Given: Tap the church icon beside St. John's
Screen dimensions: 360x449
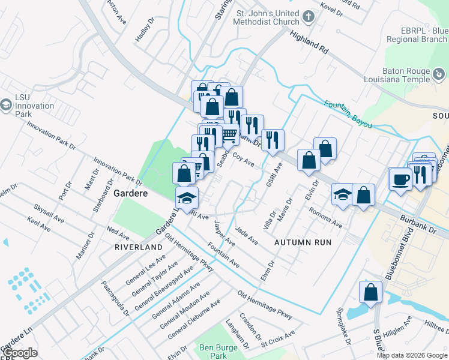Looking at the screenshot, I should [309, 17].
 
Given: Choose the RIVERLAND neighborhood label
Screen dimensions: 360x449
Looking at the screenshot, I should [139, 247].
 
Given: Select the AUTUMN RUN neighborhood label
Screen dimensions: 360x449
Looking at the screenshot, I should [303, 242].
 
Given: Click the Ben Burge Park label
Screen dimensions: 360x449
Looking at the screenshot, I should [214, 352].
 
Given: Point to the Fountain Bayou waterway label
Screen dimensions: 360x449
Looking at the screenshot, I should [348, 113].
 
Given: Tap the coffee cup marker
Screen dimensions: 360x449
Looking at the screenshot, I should [400, 178].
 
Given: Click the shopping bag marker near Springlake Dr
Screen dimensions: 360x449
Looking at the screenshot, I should [370, 292].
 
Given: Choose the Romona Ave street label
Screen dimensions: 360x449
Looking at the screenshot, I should [325, 218].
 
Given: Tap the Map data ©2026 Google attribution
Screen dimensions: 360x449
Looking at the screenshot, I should [412, 355].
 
